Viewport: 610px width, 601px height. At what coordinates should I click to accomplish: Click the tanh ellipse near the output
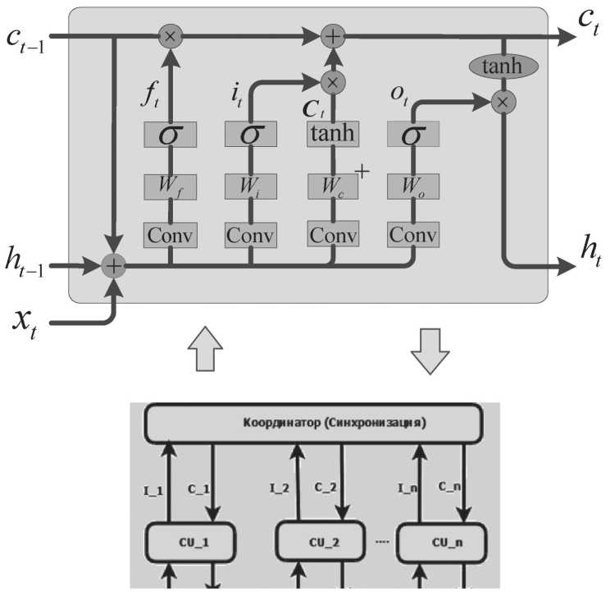(502, 67)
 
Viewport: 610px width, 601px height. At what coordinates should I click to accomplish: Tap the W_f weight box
(170, 186)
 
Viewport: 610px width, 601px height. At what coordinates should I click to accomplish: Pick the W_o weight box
(412, 186)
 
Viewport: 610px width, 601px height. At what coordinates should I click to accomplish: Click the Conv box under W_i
(251, 235)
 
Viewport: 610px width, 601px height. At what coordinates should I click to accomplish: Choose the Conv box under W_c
(333, 235)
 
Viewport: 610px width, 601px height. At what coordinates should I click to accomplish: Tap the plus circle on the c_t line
(333, 36)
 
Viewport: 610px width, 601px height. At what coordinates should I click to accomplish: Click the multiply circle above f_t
(171, 36)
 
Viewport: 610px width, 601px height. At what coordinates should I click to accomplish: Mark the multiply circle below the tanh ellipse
(503, 102)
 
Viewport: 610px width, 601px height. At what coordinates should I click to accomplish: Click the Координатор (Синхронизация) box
(312, 422)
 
